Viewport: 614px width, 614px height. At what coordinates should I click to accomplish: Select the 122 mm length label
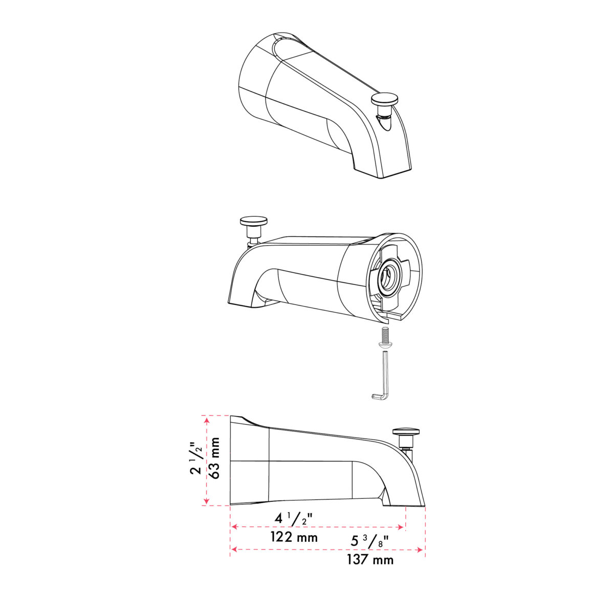coord(294,538)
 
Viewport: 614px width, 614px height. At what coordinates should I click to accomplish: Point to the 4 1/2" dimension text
coord(293,519)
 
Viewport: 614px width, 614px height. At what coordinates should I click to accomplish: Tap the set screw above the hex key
coord(385,337)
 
